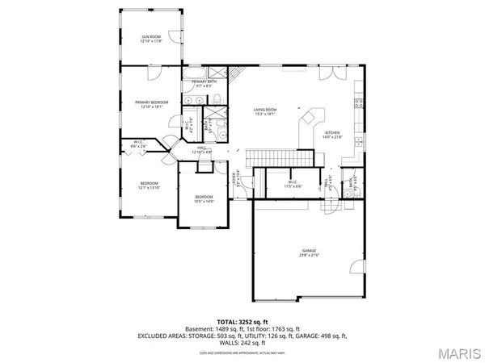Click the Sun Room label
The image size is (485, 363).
[151, 39]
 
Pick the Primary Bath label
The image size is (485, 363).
[204, 84]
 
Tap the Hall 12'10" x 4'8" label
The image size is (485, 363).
[201, 149]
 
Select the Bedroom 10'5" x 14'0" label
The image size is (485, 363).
[204, 199]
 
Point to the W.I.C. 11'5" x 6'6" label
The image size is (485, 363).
[293, 184]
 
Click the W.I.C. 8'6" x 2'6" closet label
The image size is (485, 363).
[138, 145]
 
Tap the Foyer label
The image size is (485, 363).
[236, 177]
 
